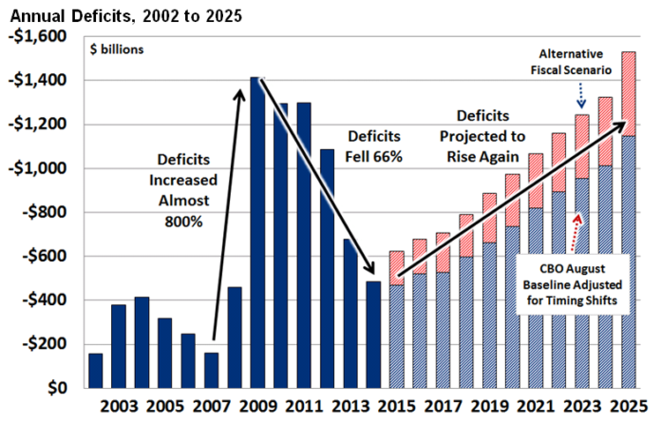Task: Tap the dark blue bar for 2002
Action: (96, 371)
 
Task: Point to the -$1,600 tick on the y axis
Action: (38, 36)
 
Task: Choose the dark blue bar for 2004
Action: (142, 342)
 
